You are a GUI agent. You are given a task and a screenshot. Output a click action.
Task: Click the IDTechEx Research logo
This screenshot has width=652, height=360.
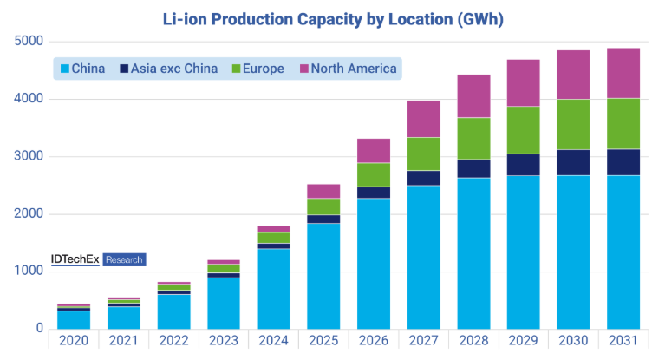97,259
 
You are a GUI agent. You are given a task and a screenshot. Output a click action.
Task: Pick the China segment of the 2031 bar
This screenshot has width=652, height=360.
623,252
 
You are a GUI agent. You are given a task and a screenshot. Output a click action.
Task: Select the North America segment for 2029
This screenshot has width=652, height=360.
523,83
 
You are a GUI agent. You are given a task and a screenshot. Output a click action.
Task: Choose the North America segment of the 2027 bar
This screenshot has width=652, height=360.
423,119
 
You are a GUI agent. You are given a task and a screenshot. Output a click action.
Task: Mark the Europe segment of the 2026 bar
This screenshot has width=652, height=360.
374,174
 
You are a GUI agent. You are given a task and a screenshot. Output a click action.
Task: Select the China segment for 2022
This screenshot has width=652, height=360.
174,311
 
